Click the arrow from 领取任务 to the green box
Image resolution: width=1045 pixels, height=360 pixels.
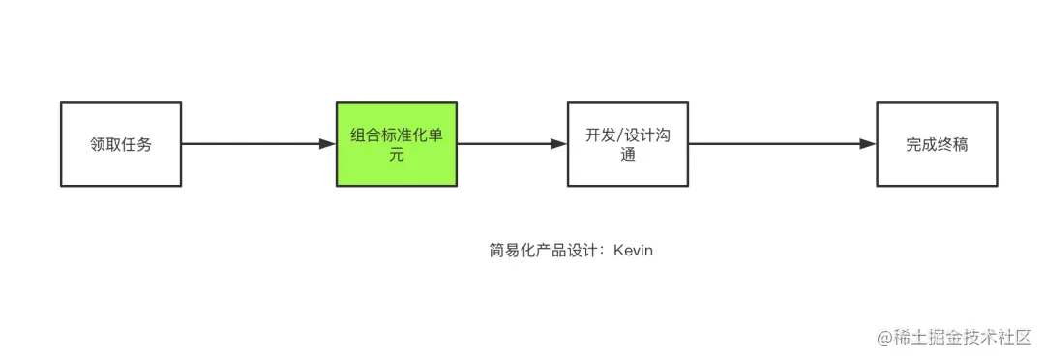click(252, 144)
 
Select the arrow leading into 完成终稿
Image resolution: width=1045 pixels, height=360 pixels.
click(774, 144)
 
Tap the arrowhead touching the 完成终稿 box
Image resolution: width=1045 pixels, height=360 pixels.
click(868, 144)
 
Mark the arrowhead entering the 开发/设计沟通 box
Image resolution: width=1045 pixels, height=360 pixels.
click(558, 144)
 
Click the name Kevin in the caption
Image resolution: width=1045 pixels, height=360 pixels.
click(633, 251)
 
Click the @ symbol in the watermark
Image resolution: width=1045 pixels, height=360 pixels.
click(883, 337)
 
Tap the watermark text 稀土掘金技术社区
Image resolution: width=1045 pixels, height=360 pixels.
click(963, 337)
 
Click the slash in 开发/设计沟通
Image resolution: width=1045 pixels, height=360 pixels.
click(620, 135)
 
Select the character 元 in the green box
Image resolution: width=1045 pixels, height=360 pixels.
click(397, 155)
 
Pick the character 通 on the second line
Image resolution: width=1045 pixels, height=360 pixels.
click(627, 155)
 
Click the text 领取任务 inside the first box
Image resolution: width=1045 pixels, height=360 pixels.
click(120, 145)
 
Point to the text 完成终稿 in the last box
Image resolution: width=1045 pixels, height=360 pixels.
click(937, 145)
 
